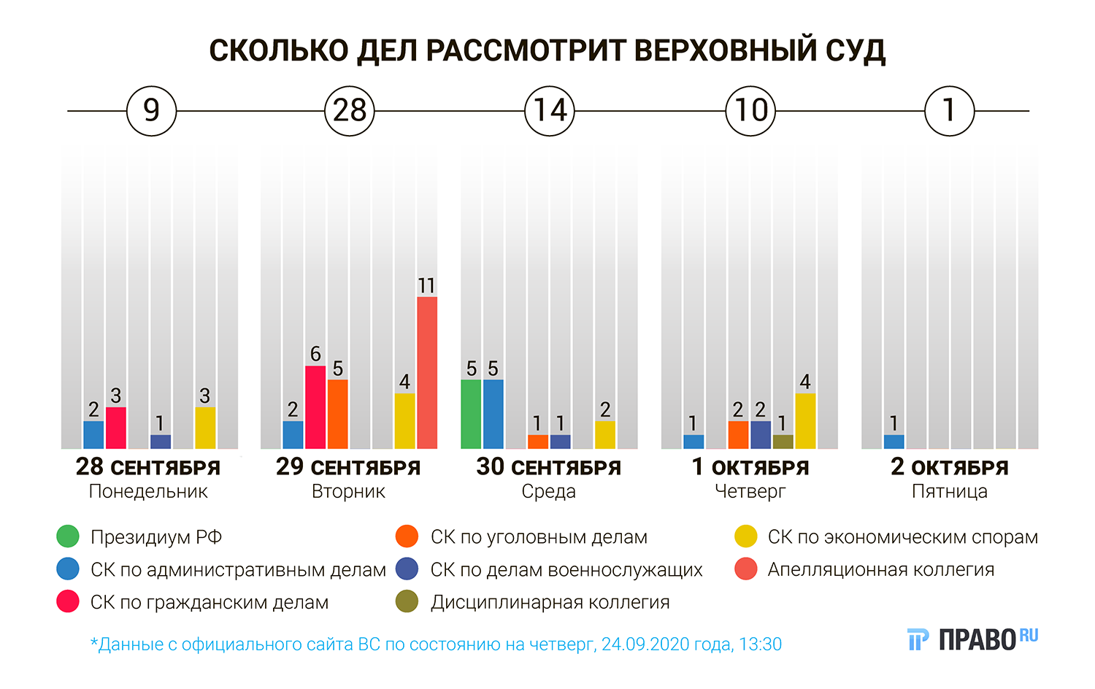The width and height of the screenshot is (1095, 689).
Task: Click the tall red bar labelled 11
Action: coord(427,372)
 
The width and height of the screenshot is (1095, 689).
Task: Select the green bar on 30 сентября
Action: coord(471,414)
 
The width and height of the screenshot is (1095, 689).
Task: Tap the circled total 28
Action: coord(350,111)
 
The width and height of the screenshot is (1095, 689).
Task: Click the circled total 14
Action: coord(550,111)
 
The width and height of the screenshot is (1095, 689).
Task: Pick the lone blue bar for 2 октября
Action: coord(894,442)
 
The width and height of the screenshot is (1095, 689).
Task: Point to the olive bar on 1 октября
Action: coord(783,442)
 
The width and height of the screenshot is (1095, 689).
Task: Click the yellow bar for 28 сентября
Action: coord(205,428)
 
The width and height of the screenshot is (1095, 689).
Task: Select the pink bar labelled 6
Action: coord(315,407)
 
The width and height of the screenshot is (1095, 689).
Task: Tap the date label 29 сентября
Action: coord(348,467)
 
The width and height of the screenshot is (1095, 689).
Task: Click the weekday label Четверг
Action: coord(750,491)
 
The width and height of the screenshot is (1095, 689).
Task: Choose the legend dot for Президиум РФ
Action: coord(68,536)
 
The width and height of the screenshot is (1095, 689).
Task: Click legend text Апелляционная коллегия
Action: coord(880,569)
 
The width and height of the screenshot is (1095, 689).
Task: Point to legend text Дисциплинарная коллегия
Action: coord(550,602)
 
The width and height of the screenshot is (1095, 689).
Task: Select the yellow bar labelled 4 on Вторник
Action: coord(404,421)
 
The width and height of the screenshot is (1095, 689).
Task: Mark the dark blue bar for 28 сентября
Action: coord(161,442)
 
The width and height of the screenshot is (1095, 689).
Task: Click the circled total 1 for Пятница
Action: coord(949,111)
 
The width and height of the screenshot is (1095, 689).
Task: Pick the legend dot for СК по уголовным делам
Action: coord(407,536)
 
